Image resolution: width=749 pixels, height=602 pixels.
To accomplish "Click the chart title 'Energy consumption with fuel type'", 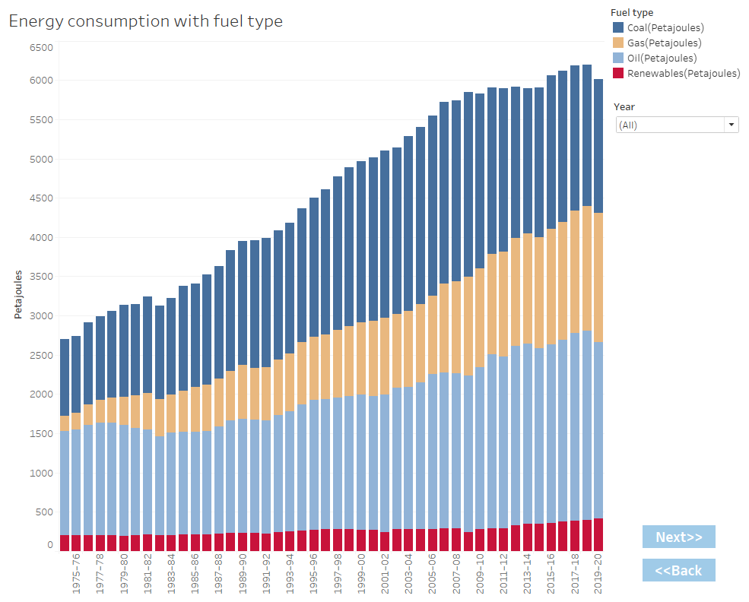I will click(x=145, y=21).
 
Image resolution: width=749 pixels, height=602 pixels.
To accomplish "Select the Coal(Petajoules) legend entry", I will click(x=665, y=28).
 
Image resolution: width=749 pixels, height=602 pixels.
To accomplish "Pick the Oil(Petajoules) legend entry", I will click(x=662, y=59).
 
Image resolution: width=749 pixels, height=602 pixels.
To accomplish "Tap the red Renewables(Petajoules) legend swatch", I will click(x=619, y=74).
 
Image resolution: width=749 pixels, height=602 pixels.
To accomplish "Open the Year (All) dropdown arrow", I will click(x=731, y=125).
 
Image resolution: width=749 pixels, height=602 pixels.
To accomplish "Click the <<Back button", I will click(x=678, y=570).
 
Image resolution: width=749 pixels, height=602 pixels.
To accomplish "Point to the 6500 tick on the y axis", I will click(x=41, y=47).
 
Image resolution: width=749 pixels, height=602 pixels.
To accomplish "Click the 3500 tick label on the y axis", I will click(x=41, y=277).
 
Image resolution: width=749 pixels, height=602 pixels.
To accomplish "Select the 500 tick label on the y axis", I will click(x=44, y=512).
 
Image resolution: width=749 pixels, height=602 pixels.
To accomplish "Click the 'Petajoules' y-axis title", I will click(x=18, y=293).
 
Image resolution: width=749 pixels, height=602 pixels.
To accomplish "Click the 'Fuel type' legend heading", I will click(x=633, y=13).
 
